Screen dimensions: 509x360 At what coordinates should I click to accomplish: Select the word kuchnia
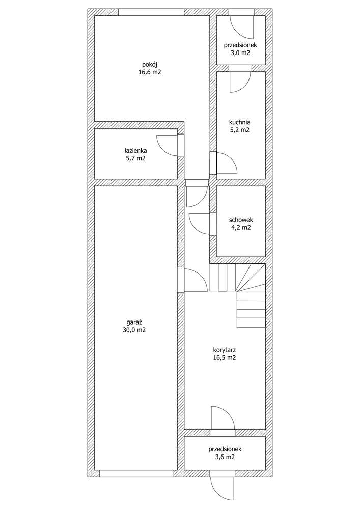coord(240,122)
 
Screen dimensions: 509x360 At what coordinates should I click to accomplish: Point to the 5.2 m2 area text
coord(240,130)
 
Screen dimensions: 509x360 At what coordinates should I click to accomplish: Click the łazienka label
coord(135,151)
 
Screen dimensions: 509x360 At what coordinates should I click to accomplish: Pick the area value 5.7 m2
coord(135,159)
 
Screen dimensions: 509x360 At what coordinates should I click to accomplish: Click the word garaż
coord(134,322)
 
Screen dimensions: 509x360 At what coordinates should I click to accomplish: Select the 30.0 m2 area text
coord(134,330)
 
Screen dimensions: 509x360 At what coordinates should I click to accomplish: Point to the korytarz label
coord(224,350)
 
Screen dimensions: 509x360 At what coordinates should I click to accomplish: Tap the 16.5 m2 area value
coord(224,358)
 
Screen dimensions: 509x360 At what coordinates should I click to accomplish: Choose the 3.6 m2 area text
coord(224,458)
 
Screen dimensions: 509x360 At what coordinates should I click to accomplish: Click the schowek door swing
coord(200,224)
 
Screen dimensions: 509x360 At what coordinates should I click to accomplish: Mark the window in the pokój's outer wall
coord(151,12)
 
